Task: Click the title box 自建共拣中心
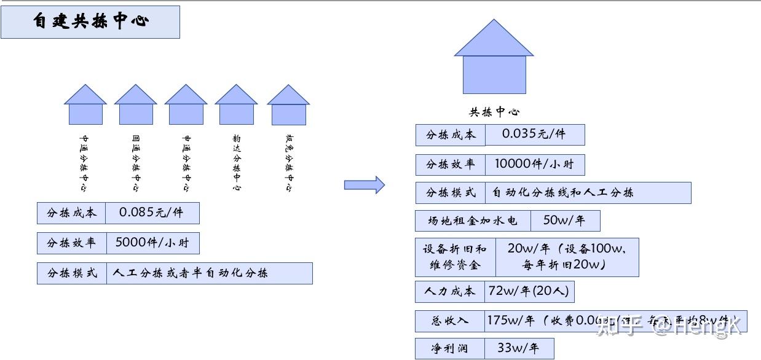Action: click(x=90, y=22)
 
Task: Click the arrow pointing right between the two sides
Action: click(x=364, y=184)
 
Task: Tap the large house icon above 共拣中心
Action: click(x=494, y=58)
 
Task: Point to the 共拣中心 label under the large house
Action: click(x=494, y=112)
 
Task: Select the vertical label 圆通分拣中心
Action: click(x=136, y=163)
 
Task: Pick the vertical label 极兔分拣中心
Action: click(x=289, y=163)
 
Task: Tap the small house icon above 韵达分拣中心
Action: click(x=236, y=105)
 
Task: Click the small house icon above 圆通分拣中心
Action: click(x=136, y=105)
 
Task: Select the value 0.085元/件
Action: click(x=152, y=213)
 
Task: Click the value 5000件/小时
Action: click(x=152, y=243)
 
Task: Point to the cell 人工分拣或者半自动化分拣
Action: click(x=209, y=273)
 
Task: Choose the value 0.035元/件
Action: click(x=534, y=135)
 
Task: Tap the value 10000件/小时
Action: click(x=535, y=165)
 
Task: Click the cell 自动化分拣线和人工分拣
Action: click(x=588, y=193)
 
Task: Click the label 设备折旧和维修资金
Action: click(x=455, y=257)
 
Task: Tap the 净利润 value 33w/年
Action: click(x=518, y=348)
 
